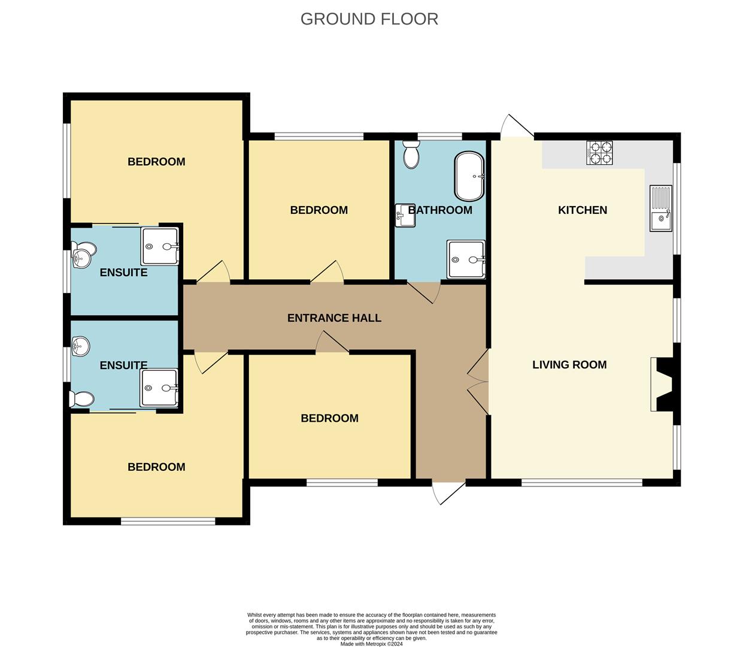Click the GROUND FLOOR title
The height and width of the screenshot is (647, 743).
(x=369, y=19)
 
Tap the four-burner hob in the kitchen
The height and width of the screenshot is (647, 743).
(x=599, y=153)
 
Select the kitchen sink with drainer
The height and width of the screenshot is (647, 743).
(x=661, y=208)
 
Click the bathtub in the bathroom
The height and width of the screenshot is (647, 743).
(x=469, y=176)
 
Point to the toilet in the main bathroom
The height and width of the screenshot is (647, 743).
(x=411, y=155)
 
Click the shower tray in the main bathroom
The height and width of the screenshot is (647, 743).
(x=466, y=259)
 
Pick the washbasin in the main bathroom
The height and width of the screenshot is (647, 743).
(x=405, y=215)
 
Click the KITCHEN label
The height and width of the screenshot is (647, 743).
(x=582, y=210)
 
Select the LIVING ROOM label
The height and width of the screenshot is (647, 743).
(x=569, y=365)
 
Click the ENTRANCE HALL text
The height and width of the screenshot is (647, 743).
(x=334, y=318)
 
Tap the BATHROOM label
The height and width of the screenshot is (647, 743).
(x=440, y=210)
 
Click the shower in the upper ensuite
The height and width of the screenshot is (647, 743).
(x=160, y=246)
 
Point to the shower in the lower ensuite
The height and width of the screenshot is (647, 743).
(x=159, y=388)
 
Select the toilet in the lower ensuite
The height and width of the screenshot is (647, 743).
(x=81, y=399)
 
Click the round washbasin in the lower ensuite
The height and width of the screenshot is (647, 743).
(x=81, y=346)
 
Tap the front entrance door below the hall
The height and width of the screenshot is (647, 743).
(x=448, y=493)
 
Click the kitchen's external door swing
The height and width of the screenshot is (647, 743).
(x=517, y=126)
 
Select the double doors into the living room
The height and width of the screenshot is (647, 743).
(x=478, y=382)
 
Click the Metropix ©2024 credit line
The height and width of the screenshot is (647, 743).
(x=371, y=644)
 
